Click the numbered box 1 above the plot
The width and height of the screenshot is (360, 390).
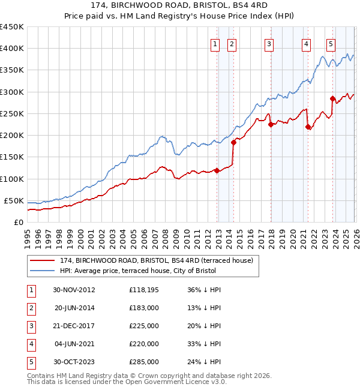coord(215,43)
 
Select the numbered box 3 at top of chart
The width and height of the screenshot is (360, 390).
coord(269,43)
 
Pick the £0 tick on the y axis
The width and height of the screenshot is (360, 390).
coord(19,222)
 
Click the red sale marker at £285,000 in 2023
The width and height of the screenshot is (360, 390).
coord(332,98)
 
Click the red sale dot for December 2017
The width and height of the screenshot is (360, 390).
coord(271,125)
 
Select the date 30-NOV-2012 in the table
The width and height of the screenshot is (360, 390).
coord(74,290)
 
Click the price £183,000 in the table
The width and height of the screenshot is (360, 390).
coord(144,308)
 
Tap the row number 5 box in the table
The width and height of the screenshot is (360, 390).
coord(31,362)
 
